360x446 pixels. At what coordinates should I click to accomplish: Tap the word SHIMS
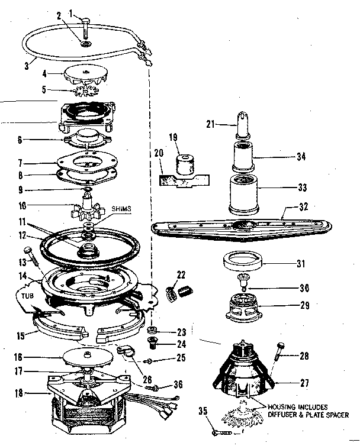122,209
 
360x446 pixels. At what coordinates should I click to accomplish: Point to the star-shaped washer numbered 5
86,92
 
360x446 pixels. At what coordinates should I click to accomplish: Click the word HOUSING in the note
284,407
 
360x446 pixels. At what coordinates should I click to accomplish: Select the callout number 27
305,383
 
